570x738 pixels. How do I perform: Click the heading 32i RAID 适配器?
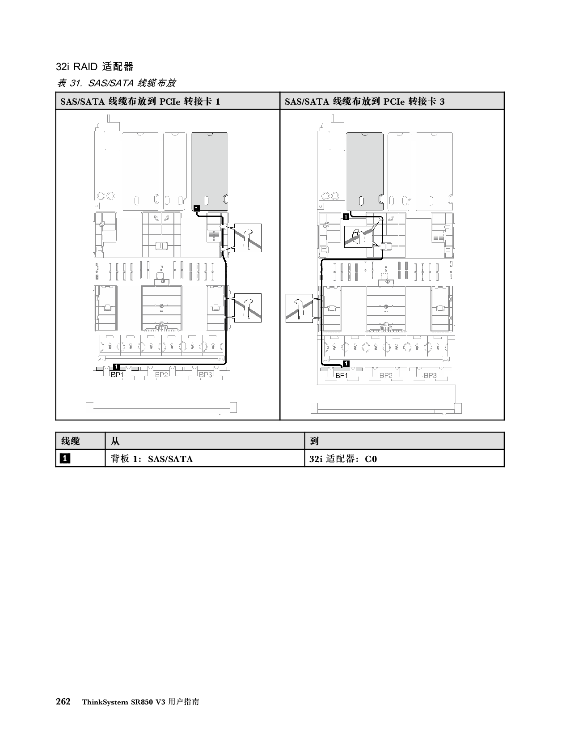pos(95,67)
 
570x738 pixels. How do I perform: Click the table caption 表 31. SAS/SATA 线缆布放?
pos(116,83)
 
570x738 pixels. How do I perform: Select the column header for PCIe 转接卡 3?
pos(365,102)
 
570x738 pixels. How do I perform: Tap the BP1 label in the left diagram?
pos(117,375)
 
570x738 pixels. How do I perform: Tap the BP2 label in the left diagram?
pos(161,375)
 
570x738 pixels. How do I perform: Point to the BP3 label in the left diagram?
pos(205,375)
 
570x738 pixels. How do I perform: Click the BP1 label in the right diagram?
pos(342,376)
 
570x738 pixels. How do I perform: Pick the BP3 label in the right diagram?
pos(430,376)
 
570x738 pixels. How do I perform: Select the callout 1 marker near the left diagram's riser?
pos(197,208)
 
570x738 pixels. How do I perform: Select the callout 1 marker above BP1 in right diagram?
pos(346,363)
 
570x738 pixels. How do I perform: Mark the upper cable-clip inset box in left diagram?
pos(248,238)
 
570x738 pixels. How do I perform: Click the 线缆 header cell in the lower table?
pos(71,441)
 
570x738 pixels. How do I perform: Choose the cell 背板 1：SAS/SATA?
pos(152,459)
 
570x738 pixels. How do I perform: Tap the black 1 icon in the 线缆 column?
pos(65,459)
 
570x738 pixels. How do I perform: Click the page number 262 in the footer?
pos(64,702)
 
